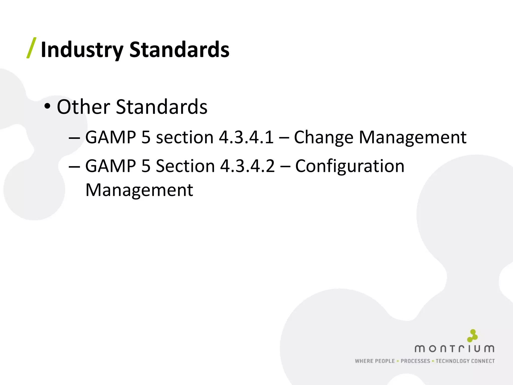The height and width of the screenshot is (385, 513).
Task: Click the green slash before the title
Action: coord(32,48)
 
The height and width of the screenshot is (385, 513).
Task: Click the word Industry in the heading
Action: coord(82,50)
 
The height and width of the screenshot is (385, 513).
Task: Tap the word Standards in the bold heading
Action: coord(179,49)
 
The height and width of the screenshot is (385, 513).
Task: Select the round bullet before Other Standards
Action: coord(47,107)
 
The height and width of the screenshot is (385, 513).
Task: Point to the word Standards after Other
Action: coord(162,107)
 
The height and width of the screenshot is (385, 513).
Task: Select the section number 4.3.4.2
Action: coord(247,166)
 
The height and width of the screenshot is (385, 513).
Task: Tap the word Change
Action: coord(323,138)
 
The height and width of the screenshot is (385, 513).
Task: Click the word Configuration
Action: coord(350,166)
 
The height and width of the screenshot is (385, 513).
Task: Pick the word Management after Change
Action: coord(413,137)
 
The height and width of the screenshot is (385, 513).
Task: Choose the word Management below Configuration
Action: coord(139,190)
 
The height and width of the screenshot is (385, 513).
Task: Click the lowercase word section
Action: coord(185,137)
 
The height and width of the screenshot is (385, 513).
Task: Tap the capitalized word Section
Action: coord(185,166)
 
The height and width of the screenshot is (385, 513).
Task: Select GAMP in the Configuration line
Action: coord(110,166)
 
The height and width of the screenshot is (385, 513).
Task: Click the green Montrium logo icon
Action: coord(472,336)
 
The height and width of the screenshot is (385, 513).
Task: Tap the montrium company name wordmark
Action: coord(454,349)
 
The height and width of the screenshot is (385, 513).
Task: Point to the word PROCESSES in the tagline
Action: coord(415,361)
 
